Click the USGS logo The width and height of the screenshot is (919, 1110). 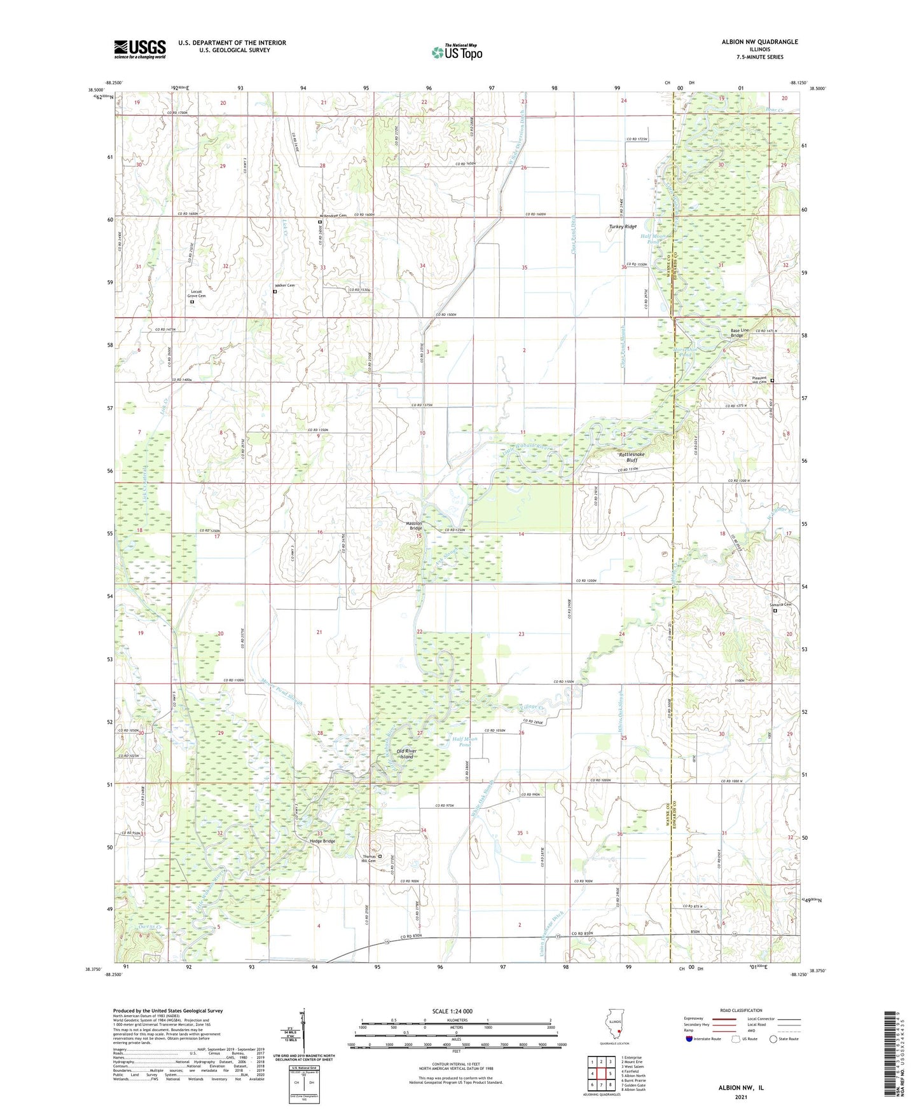coord(139,49)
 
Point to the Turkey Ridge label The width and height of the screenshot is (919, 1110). coord(622,227)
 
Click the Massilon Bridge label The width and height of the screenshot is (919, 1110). coord(415,526)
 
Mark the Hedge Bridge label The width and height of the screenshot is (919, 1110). coord(322,841)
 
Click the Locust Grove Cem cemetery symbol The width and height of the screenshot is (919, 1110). coord(192,302)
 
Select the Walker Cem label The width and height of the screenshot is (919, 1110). coord(284,285)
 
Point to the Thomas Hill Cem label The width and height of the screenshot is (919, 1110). coord(369,858)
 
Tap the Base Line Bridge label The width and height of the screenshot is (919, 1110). coord(741,333)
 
